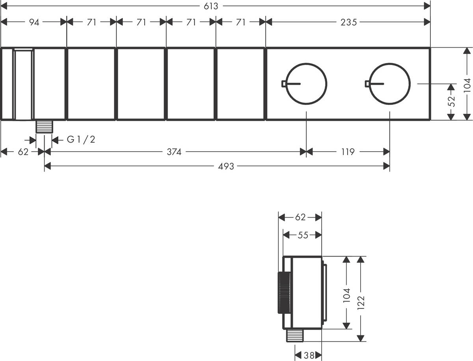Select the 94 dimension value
click(x=34, y=22)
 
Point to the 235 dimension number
click(x=349, y=22)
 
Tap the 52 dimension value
click(x=452, y=101)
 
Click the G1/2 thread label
click(x=81, y=139)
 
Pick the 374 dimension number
click(x=173, y=152)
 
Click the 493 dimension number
click(x=226, y=166)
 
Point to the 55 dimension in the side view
click(x=303, y=235)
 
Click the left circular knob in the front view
click(x=305, y=84)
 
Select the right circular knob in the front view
click(x=389, y=84)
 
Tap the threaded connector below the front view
click(x=44, y=127)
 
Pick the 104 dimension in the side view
click(x=346, y=295)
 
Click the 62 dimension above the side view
click(x=300, y=217)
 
